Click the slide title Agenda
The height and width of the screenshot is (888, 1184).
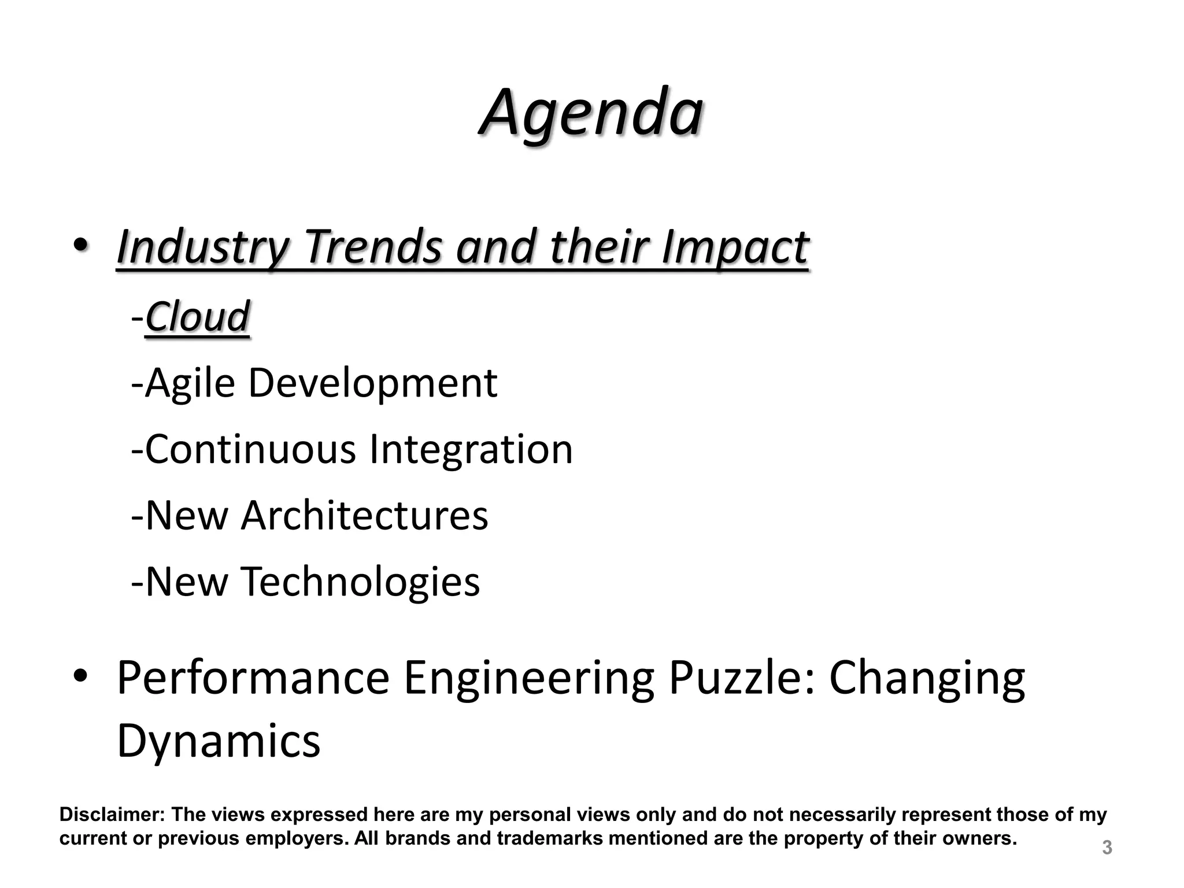591,113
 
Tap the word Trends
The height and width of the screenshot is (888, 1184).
373,247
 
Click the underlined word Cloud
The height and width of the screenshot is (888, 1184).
197,317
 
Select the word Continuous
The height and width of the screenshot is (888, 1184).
250,449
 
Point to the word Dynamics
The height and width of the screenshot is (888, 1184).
219,742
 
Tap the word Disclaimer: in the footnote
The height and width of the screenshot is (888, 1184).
112,815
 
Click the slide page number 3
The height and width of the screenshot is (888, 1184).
1107,848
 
